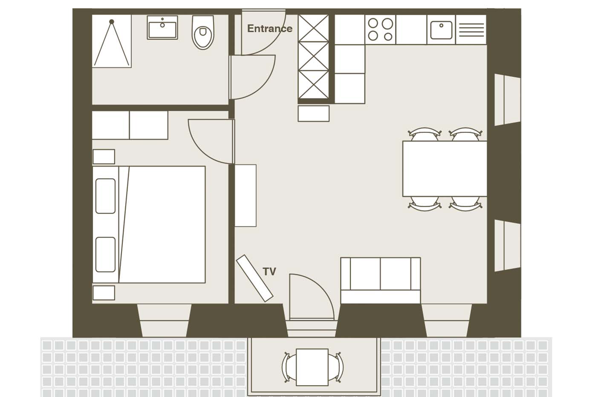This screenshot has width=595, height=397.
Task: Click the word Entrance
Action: tap(269, 29)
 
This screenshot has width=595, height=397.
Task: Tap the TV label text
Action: tap(269, 272)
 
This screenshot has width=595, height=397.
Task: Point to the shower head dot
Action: tap(112, 22)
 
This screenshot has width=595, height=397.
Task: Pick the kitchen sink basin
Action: tap(441, 30)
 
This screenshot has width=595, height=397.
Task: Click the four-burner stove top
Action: tap(380, 29)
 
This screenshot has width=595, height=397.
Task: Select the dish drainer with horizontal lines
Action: tap(471, 30)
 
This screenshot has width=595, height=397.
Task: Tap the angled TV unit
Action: tap(255, 278)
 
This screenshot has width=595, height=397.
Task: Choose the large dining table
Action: tap(444, 169)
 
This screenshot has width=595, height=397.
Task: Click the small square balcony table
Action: tap(312, 367)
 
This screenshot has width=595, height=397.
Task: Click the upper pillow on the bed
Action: tap(105, 196)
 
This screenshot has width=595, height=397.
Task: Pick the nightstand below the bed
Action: tap(104, 293)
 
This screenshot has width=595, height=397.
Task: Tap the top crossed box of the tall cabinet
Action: tap(313, 28)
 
